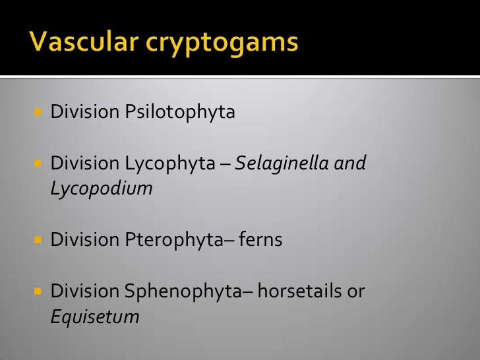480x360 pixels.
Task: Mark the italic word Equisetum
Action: click(x=95, y=316)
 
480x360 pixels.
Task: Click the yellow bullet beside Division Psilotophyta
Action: click(x=37, y=112)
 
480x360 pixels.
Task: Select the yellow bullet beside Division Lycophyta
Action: click(x=37, y=163)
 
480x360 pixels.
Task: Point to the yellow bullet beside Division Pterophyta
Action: click(x=37, y=240)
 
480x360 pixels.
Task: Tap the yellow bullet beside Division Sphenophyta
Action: click(x=37, y=291)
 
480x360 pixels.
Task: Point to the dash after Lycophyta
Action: click(x=224, y=164)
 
